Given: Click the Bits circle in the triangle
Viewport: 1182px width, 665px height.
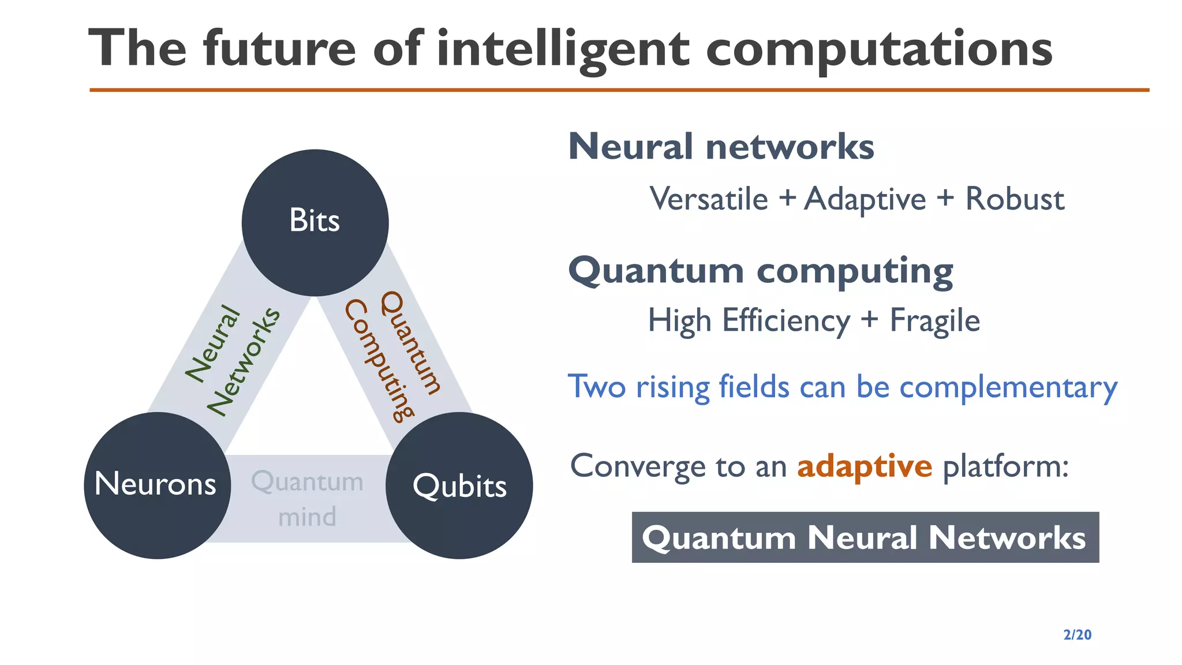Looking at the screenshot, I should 315,222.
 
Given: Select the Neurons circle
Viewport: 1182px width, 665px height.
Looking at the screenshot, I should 157,485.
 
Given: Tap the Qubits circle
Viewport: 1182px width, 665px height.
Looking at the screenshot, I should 459,485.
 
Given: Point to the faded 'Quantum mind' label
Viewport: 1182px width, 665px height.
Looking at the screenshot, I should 307,499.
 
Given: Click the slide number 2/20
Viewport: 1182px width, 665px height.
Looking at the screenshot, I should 1077,635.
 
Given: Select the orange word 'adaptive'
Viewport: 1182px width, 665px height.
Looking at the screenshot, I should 864,466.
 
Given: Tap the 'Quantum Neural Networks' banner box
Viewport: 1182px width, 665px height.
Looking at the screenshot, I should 865,537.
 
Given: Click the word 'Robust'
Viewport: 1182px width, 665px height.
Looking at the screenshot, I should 1015,199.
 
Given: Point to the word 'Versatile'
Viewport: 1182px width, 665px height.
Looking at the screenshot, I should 709,199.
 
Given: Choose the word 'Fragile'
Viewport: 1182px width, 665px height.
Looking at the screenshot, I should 934,321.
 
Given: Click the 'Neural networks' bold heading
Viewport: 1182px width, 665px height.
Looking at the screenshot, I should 721,147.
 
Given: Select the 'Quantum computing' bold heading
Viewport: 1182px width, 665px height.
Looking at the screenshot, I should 761,270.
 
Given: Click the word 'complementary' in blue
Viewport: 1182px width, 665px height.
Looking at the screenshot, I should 1008,387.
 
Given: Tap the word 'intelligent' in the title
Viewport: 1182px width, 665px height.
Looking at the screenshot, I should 563,49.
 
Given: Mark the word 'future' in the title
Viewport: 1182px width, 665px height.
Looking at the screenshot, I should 279,49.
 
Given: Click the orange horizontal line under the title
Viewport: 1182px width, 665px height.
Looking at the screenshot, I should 619,90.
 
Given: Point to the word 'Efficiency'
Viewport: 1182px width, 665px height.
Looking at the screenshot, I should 786,321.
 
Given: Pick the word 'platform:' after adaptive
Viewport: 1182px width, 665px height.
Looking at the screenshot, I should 1005,466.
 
